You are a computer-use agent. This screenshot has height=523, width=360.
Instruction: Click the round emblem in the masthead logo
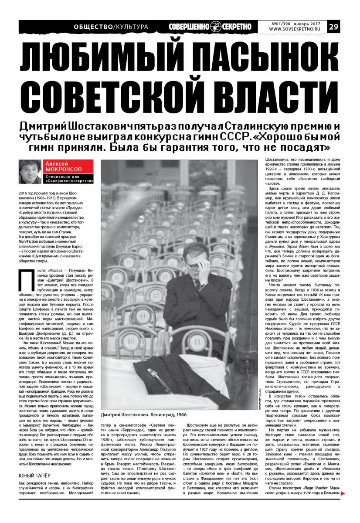click(215, 26)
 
